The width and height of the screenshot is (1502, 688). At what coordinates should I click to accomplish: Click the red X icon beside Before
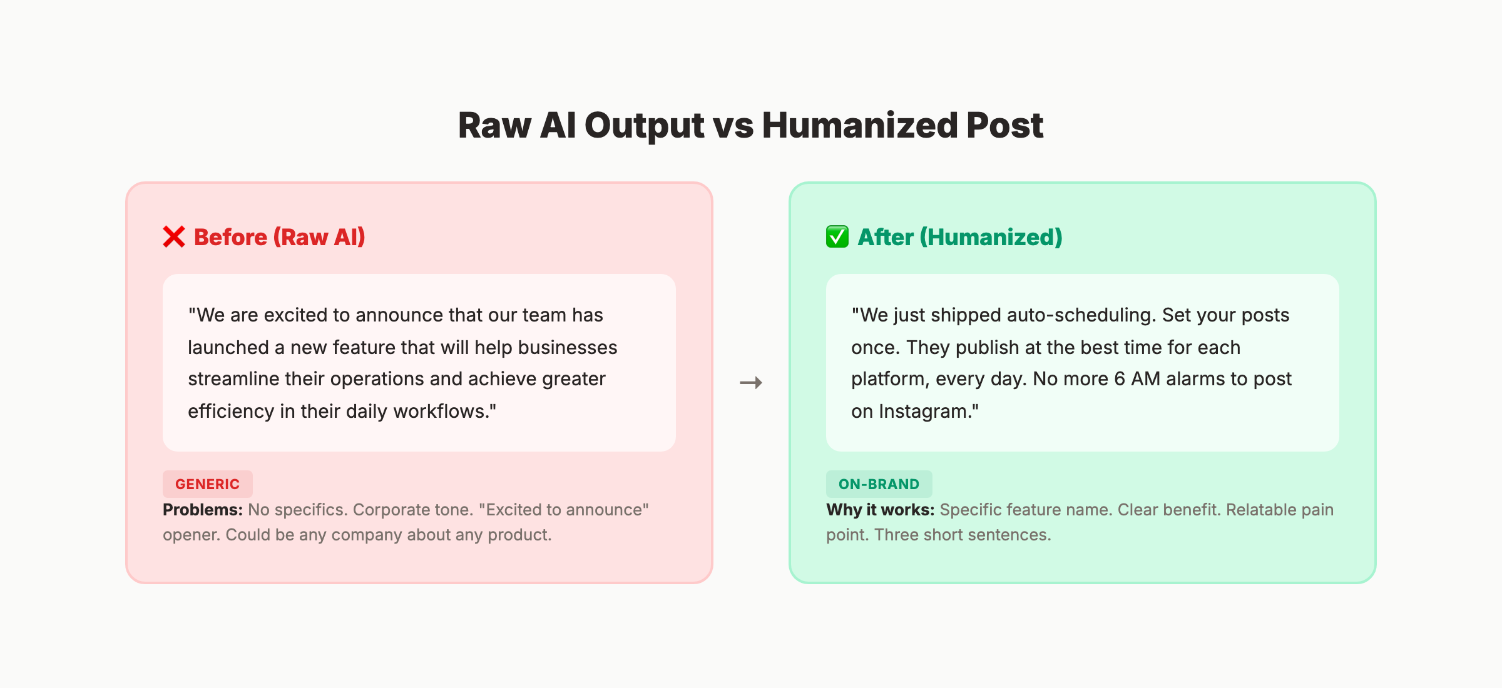174,237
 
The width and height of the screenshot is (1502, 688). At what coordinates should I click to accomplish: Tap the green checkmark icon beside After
837,237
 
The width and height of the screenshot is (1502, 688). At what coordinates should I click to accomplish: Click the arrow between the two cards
751,383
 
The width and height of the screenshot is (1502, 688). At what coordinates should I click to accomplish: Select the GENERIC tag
207,484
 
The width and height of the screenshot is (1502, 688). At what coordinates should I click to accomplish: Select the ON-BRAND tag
879,484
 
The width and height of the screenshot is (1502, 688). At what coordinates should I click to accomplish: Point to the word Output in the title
644,125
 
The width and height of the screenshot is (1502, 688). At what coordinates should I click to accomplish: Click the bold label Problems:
202,510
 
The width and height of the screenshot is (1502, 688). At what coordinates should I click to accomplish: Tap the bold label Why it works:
880,510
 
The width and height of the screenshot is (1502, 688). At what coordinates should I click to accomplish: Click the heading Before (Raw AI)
279,237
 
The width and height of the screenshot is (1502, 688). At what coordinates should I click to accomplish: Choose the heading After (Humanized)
959,237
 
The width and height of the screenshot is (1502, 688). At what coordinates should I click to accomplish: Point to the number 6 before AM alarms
1120,379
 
